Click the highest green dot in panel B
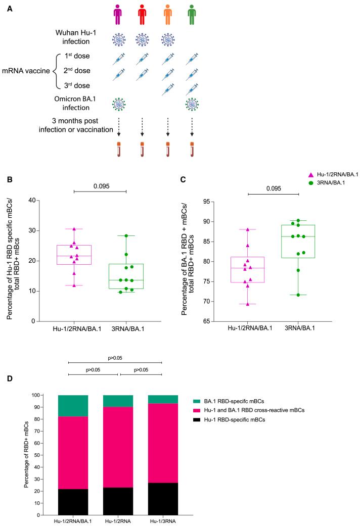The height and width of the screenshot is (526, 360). [x=126, y=235]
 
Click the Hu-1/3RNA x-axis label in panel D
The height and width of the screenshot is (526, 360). [x=163, y=522]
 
